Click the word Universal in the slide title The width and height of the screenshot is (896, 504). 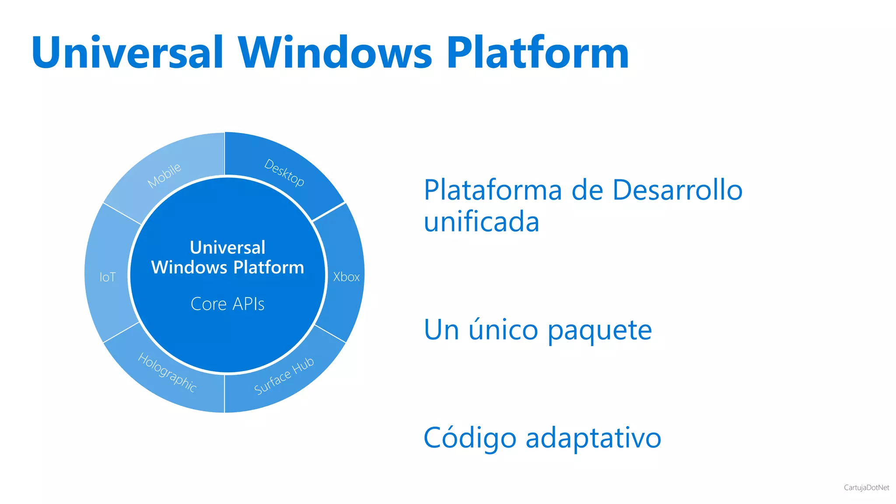[x=127, y=52]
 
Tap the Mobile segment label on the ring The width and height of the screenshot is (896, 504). [x=164, y=175]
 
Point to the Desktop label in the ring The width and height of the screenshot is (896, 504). [x=284, y=173]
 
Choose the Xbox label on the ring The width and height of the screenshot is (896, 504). [x=346, y=277]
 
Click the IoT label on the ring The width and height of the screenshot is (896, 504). [x=108, y=277]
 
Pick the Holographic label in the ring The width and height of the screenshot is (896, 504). [x=168, y=372]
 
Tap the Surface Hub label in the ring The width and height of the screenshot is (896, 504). [x=284, y=376]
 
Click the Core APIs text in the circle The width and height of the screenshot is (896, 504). [x=227, y=304]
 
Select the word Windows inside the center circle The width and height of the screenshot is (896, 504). [x=189, y=267]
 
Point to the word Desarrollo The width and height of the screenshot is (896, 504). [x=677, y=190]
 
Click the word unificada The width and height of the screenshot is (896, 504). [x=481, y=221]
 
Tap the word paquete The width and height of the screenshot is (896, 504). [x=600, y=330]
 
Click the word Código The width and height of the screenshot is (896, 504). [x=470, y=438]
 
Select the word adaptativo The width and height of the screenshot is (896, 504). [x=593, y=438]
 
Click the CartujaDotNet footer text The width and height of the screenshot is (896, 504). [x=866, y=487]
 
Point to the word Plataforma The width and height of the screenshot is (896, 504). [x=493, y=190]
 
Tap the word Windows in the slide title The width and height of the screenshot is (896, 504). [x=335, y=52]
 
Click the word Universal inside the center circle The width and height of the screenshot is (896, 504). [x=227, y=248]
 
